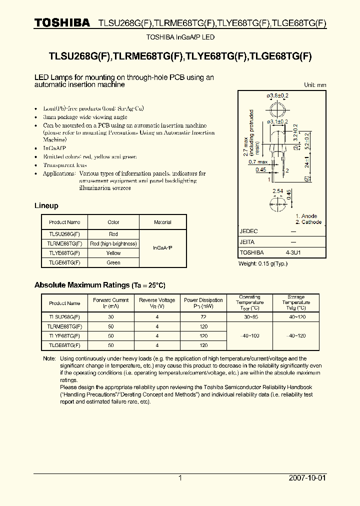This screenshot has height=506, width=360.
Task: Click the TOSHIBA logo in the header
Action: click(x=62, y=22)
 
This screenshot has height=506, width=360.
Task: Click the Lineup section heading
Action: click(x=46, y=206)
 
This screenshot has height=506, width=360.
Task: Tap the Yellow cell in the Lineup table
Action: click(x=113, y=253)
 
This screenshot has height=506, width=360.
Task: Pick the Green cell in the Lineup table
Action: click(x=113, y=262)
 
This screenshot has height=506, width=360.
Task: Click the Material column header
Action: click(x=162, y=222)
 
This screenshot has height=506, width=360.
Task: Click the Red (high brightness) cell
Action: click(x=113, y=243)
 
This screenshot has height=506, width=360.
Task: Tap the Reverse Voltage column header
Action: click(x=157, y=303)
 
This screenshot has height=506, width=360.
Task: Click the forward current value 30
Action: click(x=110, y=317)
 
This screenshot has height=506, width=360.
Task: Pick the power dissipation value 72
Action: click(x=203, y=317)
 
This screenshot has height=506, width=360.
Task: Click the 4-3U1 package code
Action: click(x=293, y=252)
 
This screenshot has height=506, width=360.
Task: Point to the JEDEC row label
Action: click(x=249, y=231)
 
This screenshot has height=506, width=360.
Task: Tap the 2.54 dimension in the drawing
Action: click(x=277, y=191)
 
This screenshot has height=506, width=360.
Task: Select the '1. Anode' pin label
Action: click(x=306, y=216)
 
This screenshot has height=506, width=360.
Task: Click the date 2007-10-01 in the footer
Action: click(x=307, y=478)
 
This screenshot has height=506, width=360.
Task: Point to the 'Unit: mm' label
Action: click(x=315, y=85)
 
